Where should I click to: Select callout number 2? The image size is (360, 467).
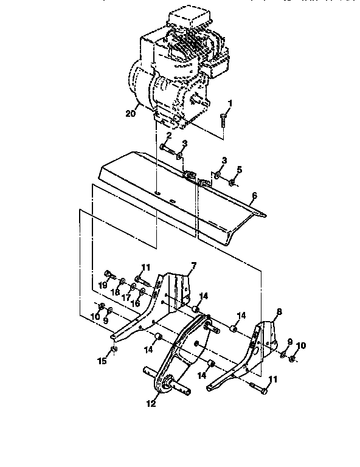click(168, 136)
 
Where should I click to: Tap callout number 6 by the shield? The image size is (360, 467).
click(255, 195)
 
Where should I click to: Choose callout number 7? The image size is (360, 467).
click(193, 265)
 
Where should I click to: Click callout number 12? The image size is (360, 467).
click(151, 403)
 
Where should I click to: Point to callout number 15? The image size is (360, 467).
click(103, 361)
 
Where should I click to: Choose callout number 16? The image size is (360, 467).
click(136, 302)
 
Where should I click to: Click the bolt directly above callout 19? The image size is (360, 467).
click(108, 273)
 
